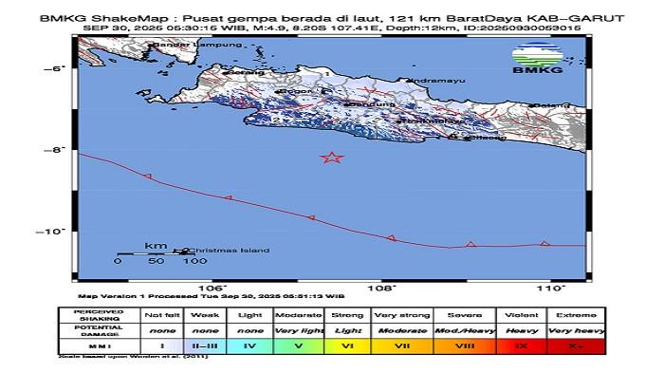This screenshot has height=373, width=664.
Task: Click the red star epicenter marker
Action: pos(331,158)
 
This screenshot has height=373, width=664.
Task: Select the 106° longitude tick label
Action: pos(212,287)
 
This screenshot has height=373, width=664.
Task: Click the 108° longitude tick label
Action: pos(381,287)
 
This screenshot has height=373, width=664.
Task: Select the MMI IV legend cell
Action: pos(250,346)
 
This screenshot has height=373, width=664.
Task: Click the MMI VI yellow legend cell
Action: pos(348,346)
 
